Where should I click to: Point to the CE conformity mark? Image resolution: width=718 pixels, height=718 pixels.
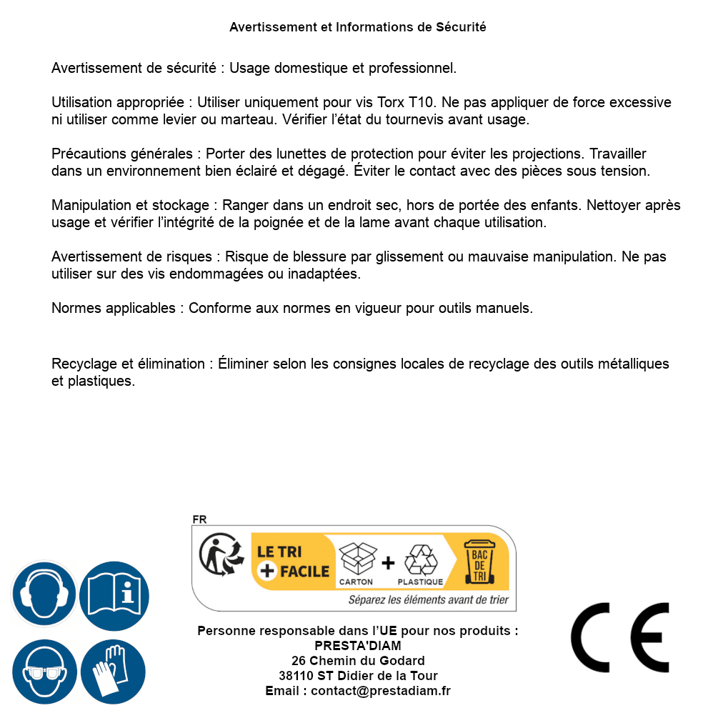click(x=620, y=637)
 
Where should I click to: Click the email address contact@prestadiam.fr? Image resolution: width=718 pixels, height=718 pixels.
click(x=381, y=691)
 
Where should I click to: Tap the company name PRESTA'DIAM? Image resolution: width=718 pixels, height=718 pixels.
click(x=358, y=646)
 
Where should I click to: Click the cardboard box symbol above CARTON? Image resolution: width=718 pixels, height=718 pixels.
click(x=356, y=559)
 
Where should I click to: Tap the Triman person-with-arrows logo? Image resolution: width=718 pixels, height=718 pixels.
click(x=218, y=556)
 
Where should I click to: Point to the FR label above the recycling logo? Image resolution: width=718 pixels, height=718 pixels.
click(x=199, y=520)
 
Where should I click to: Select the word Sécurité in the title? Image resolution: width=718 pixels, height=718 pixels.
click(x=461, y=27)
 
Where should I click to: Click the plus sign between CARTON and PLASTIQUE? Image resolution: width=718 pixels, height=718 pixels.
click(x=388, y=562)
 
